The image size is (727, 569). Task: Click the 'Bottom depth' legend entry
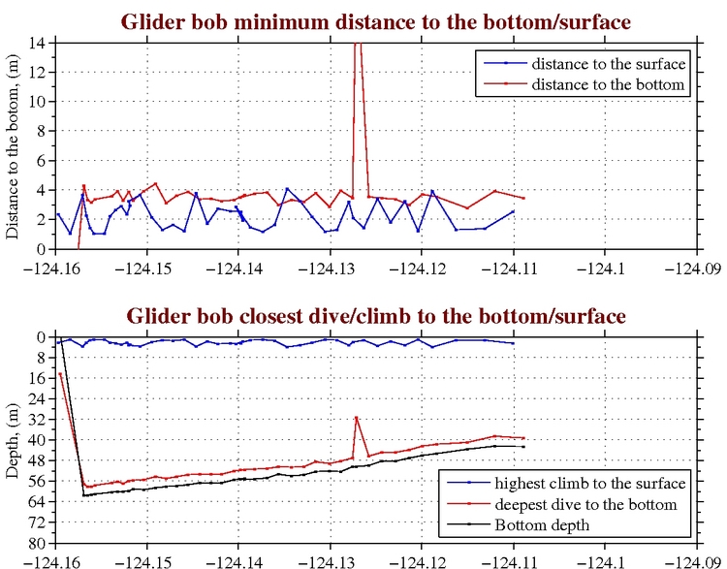point(543,525)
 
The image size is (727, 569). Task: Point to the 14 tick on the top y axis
point(42,43)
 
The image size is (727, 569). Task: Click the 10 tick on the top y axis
point(42,101)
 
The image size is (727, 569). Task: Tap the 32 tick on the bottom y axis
point(40,420)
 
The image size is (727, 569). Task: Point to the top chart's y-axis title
point(14,145)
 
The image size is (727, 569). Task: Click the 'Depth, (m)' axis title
point(14,440)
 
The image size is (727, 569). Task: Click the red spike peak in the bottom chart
point(357,418)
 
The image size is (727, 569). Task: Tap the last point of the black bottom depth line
point(523,447)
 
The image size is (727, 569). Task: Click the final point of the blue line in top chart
point(513,211)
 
